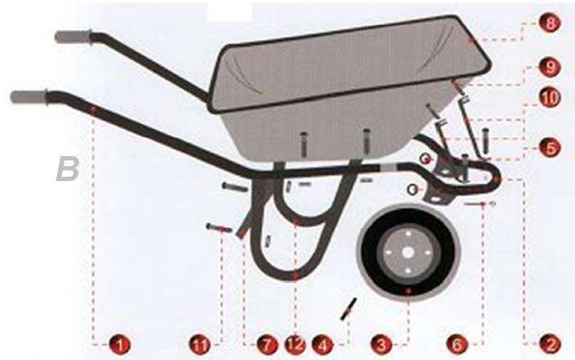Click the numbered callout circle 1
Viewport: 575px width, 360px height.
[x=121, y=345]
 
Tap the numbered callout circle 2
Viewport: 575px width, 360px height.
[x=549, y=345]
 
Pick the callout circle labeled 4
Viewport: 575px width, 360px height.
[x=323, y=345]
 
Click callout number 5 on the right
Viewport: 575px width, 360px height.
[x=549, y=148]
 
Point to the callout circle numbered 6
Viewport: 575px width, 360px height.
[x=457, y=345]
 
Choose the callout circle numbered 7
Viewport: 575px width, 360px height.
[x=265, y=345]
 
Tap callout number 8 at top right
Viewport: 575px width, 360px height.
[x=549, y=24]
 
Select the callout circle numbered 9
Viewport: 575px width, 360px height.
[x=549, y=68]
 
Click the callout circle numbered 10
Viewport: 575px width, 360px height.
[x=549, y=98]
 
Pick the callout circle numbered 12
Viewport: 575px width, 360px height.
[x=294, y=345]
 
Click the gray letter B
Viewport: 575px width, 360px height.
[x=68, y=169]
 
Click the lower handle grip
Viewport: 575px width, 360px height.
[x=29, y=96]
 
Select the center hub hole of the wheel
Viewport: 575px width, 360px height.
[x=407, y=252]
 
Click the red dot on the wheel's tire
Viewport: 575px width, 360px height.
[x=407, y=292]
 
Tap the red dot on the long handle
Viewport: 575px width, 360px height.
[x=93, y=108]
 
